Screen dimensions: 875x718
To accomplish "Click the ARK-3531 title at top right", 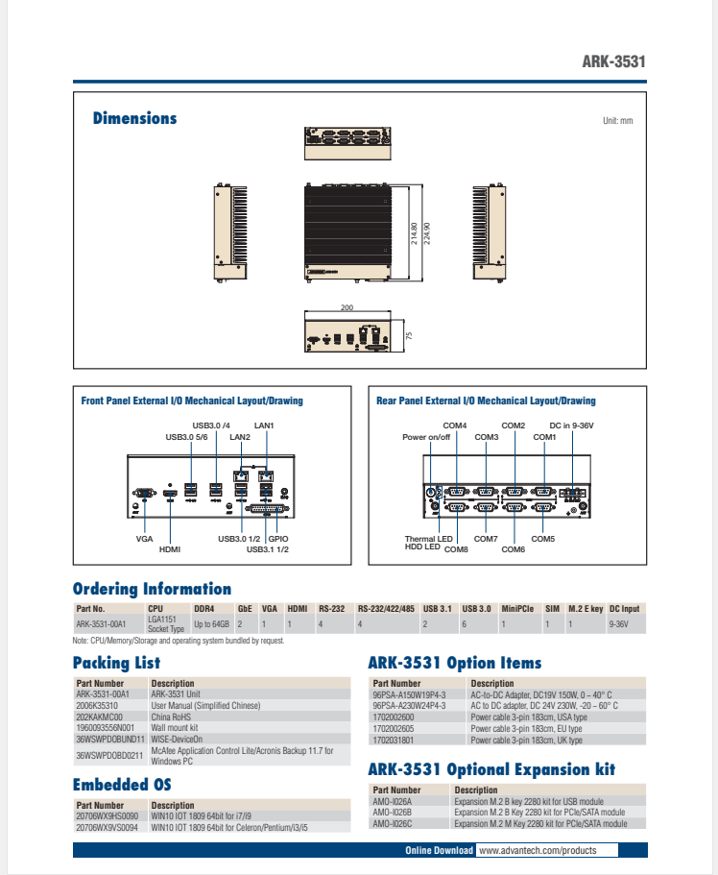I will [x=613, y=62].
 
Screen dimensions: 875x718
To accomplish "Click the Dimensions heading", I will [x=134, y=118].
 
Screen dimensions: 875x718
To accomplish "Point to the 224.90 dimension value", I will [x=427, y=233].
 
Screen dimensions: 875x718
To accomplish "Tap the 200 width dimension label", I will [x=347, y=307].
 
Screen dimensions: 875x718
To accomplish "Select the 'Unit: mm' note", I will [x=618, y=121].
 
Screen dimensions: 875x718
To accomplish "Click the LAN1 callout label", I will [x=264, y=425].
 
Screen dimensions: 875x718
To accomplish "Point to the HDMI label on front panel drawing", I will [x=170, y=549].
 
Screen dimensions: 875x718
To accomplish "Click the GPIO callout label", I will [x=278, y=539].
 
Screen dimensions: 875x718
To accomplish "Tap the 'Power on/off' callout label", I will [x=426, y=437].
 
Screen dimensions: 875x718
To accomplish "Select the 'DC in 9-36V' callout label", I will [x=573, y=425].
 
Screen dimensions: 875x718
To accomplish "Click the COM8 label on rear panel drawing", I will [x=456, y=548].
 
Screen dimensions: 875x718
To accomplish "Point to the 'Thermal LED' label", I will [x=428, y=539].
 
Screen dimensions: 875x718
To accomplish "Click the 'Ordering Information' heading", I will [x=152, y=589].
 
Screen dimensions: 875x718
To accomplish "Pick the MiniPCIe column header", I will [x=517, y=609].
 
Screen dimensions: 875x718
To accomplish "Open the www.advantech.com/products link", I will [x=537, y=850].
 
